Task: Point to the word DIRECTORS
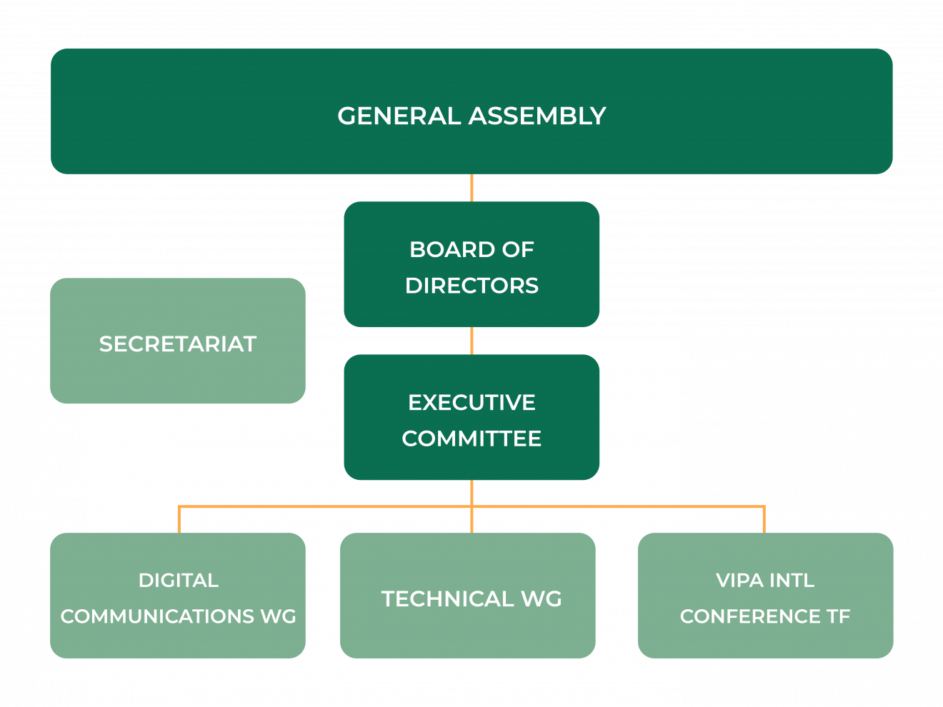pyautogui.click(x=471, y=286)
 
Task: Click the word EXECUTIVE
pyautogui.click(x=471, y=403)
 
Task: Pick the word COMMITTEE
pyautogui.click(x=471, y=438)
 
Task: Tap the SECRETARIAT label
pyautogui.click(x=178, y=344)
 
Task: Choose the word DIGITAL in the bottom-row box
pyautogui.click(x=179, y=581)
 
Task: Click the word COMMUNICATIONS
pyautogui.click(x=157, y=616)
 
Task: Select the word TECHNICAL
pyautogui.click(x=447, y=598)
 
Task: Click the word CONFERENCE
pyautogui.click(x=750, y=616)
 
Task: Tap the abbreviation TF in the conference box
pyautogui.click(x=839, y=616)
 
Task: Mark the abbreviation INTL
pyautogui.click(x=792, y=581)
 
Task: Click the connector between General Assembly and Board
pyautogui.click(x=471, y=188)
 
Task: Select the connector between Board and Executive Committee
pyautogui.click(x=471, y=341)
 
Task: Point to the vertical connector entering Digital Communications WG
pyautogui.click(x=179, y=520)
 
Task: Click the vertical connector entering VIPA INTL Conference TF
pyautogui.click(x=764, y=520)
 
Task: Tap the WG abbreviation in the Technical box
pyautogui.click(x=541, y=598)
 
